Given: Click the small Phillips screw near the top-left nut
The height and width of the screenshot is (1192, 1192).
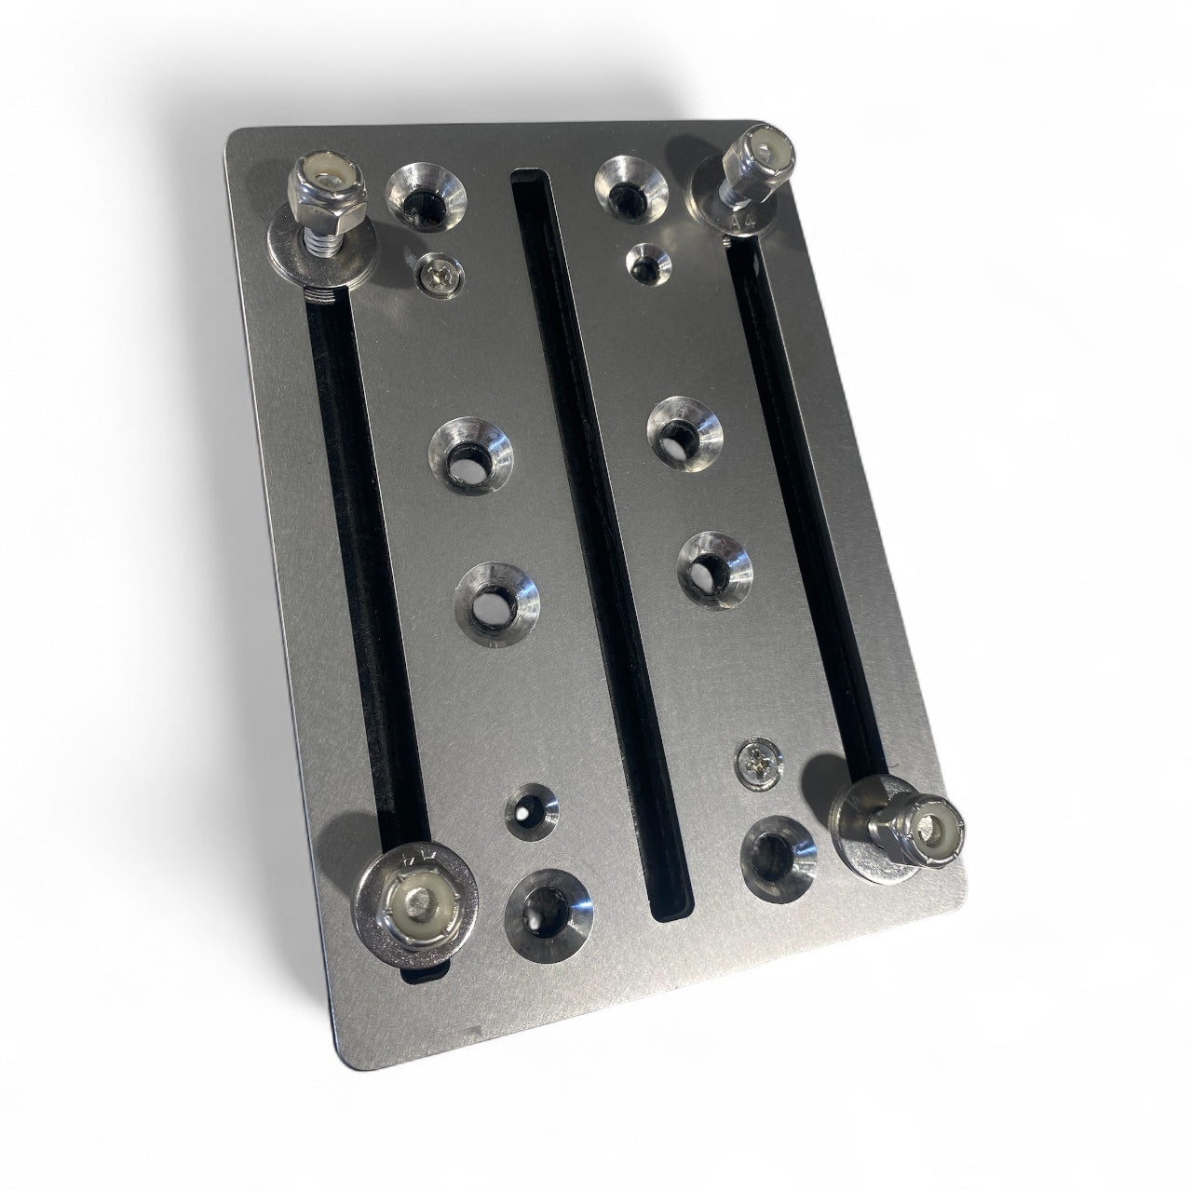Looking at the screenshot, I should pyautogui.click(x=435, y=275).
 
